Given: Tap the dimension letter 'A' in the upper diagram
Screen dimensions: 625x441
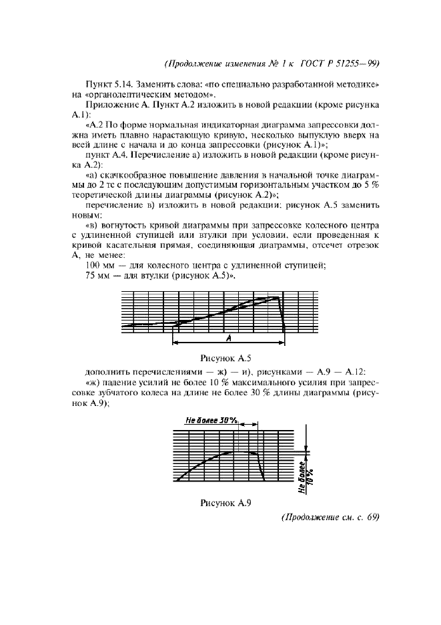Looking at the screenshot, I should point(229,338).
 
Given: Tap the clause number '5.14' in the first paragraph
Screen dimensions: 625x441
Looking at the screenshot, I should point(124,85).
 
